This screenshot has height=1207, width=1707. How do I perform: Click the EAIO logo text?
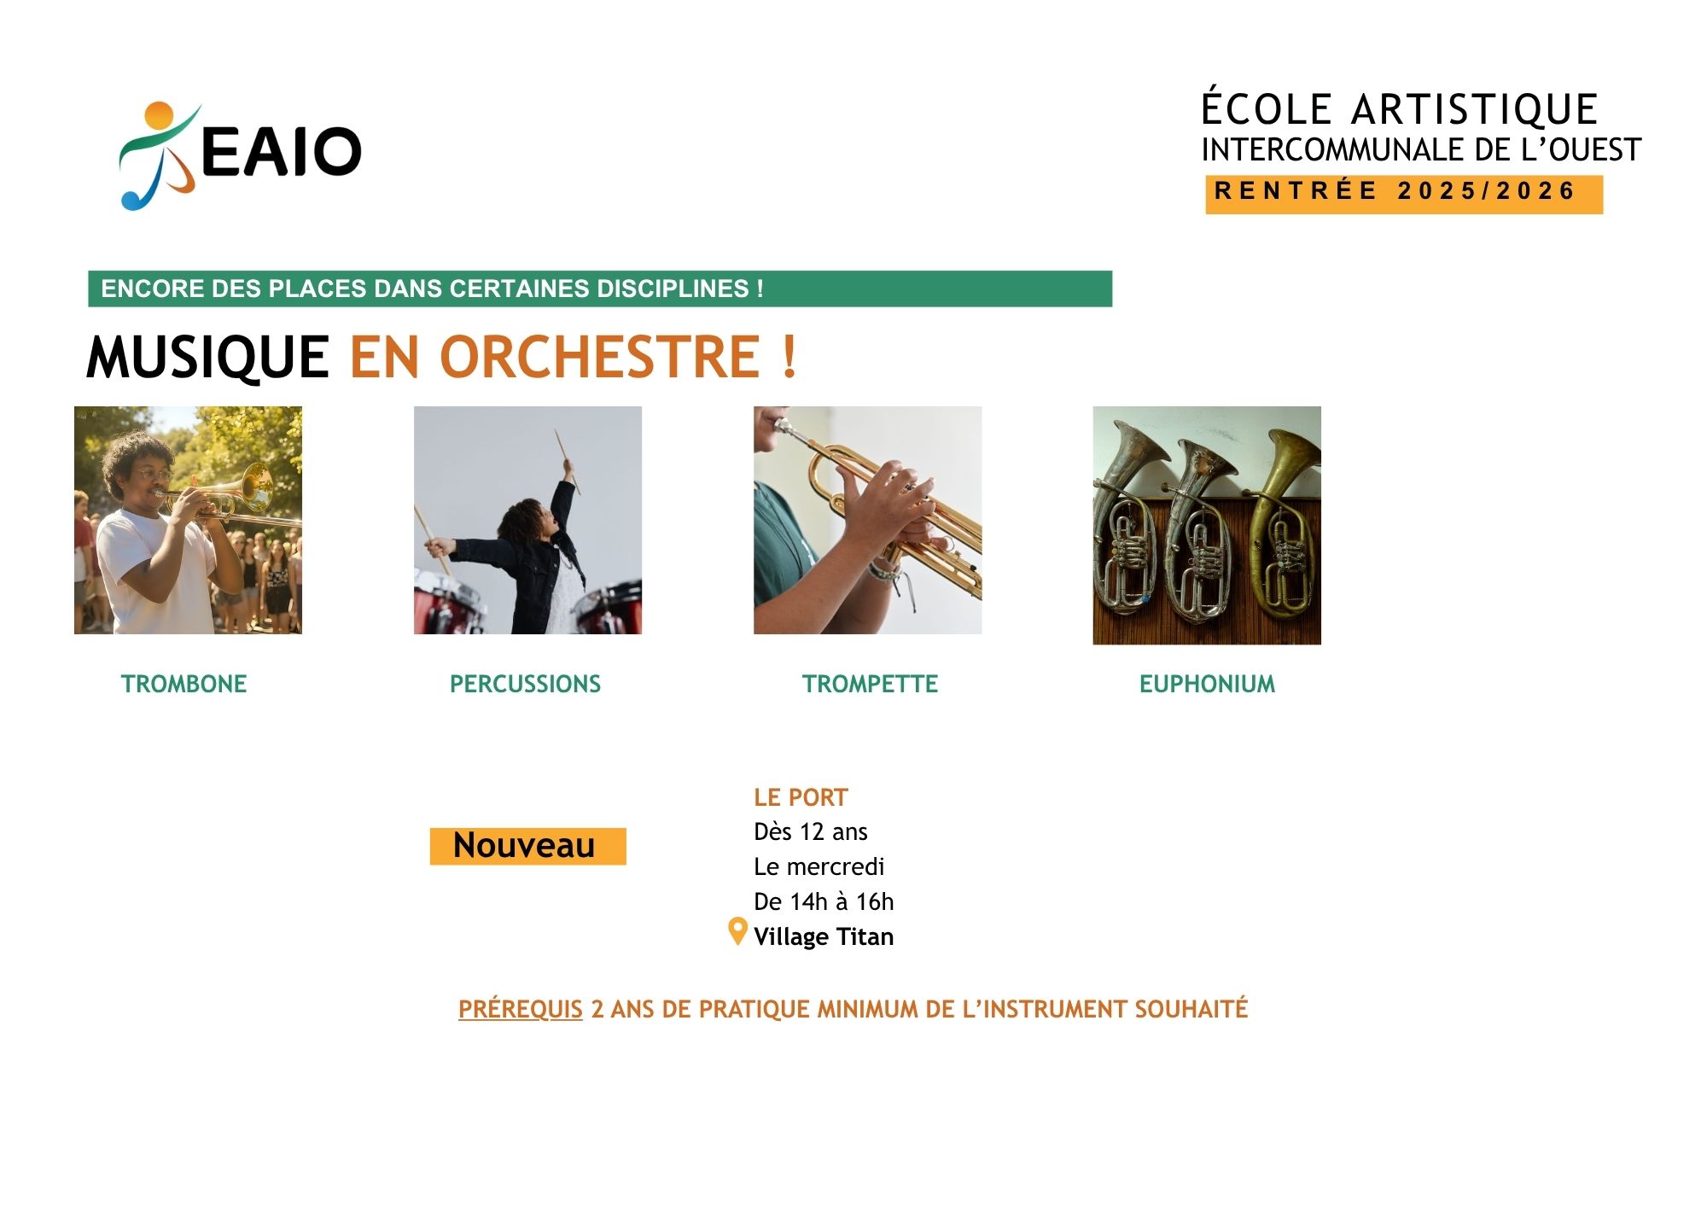tap(281, 152)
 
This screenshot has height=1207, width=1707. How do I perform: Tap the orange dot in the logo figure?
tap(160, 117)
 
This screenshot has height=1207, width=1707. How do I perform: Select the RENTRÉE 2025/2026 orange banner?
tap(1404, 194)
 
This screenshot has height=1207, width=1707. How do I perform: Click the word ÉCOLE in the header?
tap(1266, 110)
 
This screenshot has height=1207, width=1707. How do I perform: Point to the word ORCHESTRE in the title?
tap(600, 357)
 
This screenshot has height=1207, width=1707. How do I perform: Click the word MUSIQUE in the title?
tap(207, 357)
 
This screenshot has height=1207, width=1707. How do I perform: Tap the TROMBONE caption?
tap(184, 684)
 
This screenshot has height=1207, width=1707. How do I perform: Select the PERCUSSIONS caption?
tap(525, 684)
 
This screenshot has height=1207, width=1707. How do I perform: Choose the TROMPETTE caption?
tap(870, 684)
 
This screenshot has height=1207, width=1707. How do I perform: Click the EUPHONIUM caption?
tap(1207, 684)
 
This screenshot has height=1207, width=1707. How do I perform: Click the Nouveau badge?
tap(527, 846)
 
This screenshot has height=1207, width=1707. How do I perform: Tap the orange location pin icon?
tap(737, 931)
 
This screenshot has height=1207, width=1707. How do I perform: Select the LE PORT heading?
tap(801, 797)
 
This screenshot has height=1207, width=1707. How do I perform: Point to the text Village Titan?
tap(824, 936)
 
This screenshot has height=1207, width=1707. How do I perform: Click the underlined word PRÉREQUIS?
tap(521, 1009)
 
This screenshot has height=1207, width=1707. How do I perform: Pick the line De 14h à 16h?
tap(824, 901)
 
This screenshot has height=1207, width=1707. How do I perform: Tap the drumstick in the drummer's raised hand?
tap(568, 461)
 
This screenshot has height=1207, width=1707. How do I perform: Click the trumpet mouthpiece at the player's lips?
tap(783, 424)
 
